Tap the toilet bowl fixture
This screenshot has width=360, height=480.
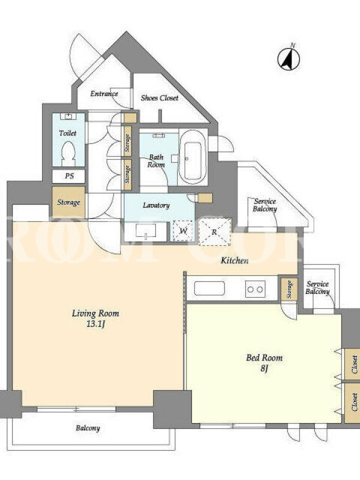[68, 154]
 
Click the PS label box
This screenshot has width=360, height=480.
[68, 176]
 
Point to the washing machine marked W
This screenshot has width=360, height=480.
[183, 230]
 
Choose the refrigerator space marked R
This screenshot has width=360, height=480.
[215, 232]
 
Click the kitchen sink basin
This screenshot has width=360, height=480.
[209, 289]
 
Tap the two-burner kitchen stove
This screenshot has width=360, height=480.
[256, 289]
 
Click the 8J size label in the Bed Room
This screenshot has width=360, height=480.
[264, 368]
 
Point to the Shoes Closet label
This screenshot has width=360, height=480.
[160, 98]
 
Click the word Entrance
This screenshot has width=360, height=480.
[104, 94]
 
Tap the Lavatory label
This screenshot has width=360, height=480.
[156, 205]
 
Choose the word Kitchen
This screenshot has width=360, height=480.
[235, 260]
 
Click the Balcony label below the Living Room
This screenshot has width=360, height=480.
[88, 428]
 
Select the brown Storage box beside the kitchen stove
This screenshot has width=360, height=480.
[289, 289]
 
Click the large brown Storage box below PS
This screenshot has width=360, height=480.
[68, 202]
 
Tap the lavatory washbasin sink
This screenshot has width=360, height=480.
[146, 230]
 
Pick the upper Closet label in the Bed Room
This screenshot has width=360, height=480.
[354, 365]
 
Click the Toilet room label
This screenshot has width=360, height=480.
[68, 133]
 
